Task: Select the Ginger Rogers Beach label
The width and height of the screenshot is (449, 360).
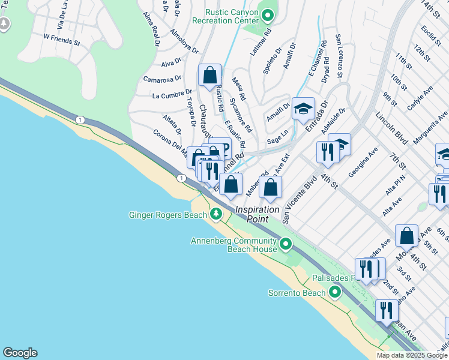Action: [168, 215]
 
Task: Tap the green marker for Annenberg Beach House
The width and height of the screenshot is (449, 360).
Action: [286, 244]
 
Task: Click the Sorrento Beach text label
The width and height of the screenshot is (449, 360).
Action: [296, 293]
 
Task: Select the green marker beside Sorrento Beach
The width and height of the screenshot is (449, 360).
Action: [334, 293]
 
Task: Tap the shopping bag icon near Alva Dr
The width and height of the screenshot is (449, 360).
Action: [210, 76]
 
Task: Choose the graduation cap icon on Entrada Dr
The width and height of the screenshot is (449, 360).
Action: [303, 108]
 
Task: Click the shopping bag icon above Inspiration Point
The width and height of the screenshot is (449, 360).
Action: [271, 187]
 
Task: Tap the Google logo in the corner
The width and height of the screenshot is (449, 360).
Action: [20, 353]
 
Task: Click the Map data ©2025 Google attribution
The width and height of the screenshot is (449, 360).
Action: [412, 355]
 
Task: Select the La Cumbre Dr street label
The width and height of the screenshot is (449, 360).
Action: [172, 95]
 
